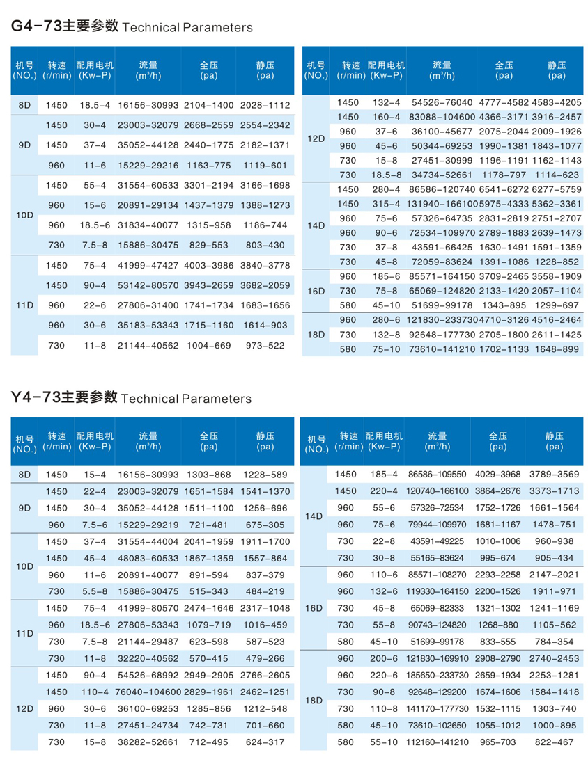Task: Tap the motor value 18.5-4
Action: pos(95,104)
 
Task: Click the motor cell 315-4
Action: pos(385,203)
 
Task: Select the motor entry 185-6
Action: pos(385,276)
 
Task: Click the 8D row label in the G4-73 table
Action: pos(24,104)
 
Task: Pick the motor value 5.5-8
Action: pos(95,591)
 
